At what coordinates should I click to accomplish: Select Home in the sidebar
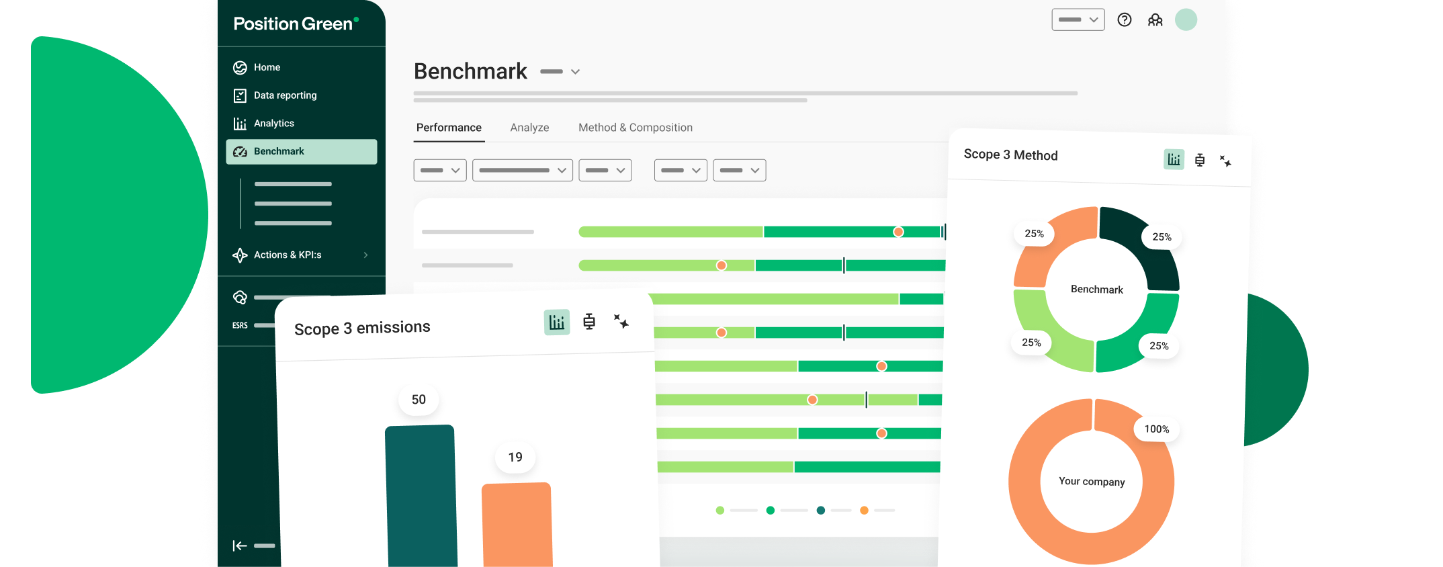tap(267, 67)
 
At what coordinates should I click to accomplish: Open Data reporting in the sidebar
tap(285, 95)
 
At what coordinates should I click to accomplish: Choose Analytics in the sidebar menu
tap(273, 124)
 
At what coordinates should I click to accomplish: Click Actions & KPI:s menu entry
tap(288, 255)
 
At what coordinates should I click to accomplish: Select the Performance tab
tap(449, 128)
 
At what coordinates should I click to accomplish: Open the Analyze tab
tap(529, 128)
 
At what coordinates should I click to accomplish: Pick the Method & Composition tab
tap(635, 128)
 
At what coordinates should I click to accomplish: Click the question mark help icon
tap(1125, 20)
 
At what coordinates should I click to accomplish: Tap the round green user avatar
tap(1186, 20)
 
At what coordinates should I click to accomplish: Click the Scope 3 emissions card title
tap(362, 328)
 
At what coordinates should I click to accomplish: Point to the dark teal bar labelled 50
tap(421, 497)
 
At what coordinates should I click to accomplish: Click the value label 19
tap(515, 457)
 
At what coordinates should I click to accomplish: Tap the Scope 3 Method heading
tap(1010, 155)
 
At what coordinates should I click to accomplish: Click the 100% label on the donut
tap(1157, 429)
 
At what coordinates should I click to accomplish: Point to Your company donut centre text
tap(1092, 482)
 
